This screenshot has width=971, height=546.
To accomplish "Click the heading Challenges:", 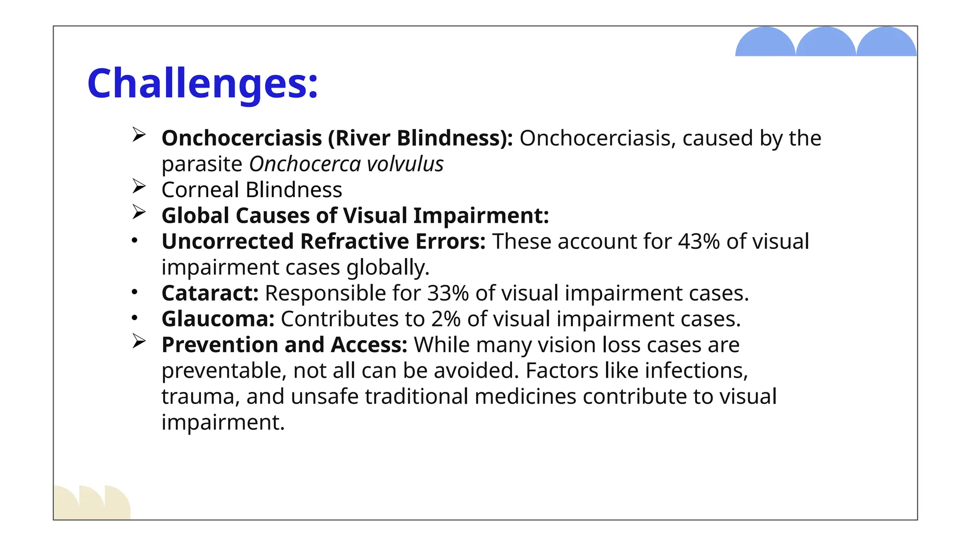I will point(202,83).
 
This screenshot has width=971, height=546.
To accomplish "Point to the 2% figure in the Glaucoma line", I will point(446,319).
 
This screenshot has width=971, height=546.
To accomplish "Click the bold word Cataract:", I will point(210,293).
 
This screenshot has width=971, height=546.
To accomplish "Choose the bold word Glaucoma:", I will point(218,319).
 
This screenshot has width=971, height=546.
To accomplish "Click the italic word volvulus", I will point(405,164).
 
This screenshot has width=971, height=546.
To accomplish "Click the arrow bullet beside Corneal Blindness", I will point(138,186).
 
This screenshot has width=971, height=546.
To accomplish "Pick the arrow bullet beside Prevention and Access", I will point(138,341).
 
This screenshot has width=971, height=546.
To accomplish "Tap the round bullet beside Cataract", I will point(135,292).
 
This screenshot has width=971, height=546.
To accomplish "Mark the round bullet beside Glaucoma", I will point(135,318).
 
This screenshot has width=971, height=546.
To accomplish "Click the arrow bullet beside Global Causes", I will point(138,212).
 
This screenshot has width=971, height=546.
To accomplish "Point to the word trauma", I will point(200,397).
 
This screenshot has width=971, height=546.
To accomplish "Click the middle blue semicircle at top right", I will point(825,43).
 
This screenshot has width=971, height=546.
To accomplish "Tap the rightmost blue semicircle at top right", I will point(886,43).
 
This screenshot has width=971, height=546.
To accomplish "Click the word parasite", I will point(202,164).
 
